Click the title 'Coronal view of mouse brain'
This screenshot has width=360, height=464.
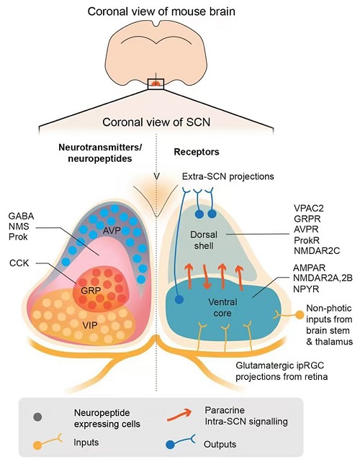coord(161,12)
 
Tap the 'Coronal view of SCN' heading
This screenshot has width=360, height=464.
coord(156,122)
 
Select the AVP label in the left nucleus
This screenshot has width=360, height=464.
coord(112,230)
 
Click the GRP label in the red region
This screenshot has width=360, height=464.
coord(91,291)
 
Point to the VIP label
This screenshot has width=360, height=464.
coord(90,325)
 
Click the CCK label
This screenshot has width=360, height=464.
coord(19,263)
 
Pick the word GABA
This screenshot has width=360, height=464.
coord(21,217)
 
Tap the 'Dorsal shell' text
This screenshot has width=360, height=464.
coord(204,240)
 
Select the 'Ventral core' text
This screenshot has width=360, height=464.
coord(222,307)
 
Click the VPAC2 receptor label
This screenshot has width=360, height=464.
coord(309,209)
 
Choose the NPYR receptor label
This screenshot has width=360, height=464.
coord(306,288)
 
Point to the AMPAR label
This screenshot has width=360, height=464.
coord(309,268)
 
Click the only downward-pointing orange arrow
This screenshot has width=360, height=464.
coord(207,276)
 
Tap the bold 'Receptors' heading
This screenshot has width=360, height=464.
coord(197,152)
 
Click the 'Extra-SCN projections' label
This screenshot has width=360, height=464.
coord(228,177)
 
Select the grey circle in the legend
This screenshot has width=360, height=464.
coord(37,417)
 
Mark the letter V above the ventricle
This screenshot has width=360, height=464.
coord(156,177)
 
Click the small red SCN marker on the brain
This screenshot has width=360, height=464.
coord(156,83)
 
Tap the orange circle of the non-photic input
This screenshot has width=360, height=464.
coord(300,315)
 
